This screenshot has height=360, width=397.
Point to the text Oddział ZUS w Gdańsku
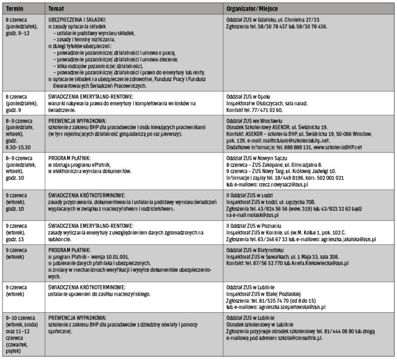point(251,19)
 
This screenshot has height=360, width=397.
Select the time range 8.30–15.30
point(18,147)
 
